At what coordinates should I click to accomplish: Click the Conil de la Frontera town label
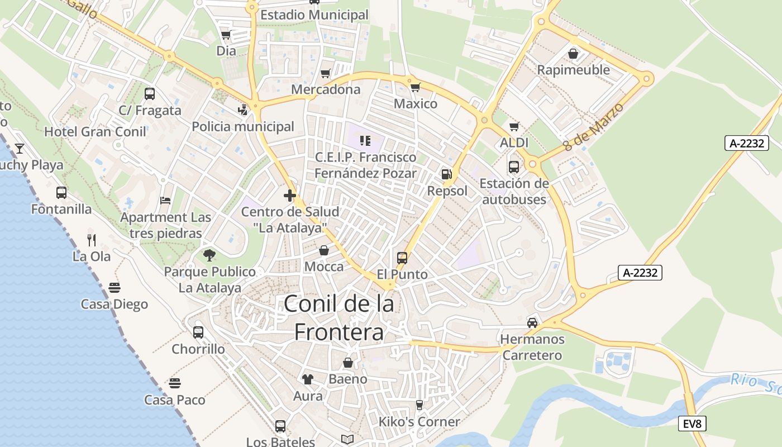339,318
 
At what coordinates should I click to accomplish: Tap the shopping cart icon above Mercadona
326,73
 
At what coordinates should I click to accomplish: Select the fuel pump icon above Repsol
446,174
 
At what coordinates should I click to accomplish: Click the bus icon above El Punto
402,258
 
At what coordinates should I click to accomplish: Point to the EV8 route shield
692,424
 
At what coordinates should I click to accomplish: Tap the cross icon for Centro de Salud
289,196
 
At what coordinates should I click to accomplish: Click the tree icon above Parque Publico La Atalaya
209,255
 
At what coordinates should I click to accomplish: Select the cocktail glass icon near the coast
20,149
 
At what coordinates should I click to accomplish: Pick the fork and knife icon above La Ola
92,240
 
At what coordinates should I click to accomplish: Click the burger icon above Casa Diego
115,288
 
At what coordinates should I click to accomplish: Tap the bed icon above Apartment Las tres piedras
165,200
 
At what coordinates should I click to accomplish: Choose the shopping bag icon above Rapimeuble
573,54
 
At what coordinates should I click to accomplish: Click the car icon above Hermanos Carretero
532,322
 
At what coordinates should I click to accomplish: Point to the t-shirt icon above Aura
308,379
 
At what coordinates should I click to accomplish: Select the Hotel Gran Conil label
95,132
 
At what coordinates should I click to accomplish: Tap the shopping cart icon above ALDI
514,126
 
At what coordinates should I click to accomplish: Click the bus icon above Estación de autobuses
514,167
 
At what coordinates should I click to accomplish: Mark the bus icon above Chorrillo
198,332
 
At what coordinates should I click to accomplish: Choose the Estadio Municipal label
314,15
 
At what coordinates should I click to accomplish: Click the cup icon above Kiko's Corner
419,405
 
